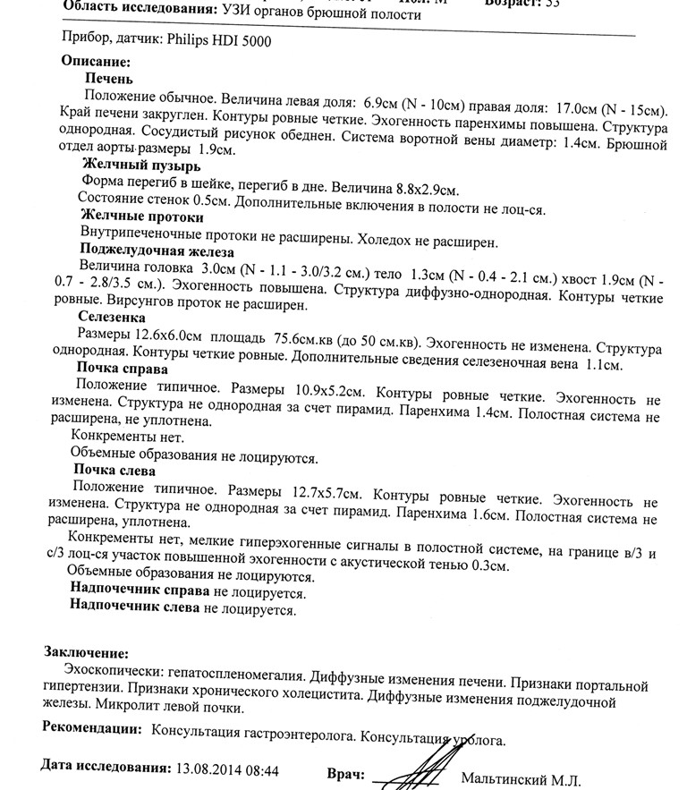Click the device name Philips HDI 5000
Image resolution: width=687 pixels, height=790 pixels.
218,40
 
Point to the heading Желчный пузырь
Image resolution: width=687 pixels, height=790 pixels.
140,166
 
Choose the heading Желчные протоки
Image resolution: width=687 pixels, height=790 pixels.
141,217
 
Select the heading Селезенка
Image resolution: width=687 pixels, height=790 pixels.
111,317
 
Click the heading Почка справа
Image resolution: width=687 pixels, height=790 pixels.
122,368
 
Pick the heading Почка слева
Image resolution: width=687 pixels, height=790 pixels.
115,471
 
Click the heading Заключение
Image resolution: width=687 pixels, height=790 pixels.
85,654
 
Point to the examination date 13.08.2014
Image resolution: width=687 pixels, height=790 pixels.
213,769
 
